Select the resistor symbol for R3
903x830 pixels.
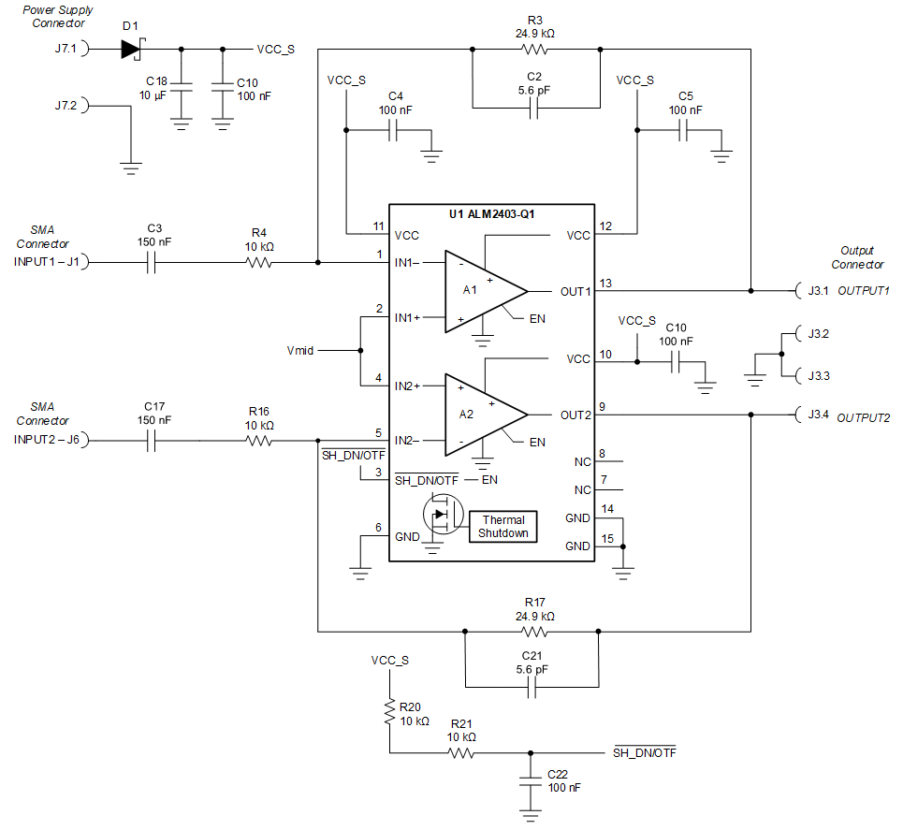534,49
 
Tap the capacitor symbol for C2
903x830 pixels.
534,109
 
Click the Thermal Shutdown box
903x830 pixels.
504,526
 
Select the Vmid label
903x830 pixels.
299,351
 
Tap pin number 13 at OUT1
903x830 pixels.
605,283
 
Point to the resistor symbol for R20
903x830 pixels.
387,714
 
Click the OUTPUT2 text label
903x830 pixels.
863,417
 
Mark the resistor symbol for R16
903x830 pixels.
259,441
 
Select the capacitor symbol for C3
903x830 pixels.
155,263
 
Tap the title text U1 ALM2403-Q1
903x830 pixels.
491,213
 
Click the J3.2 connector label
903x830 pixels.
817,333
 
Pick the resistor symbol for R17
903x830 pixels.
534,633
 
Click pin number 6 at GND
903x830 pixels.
379,528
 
